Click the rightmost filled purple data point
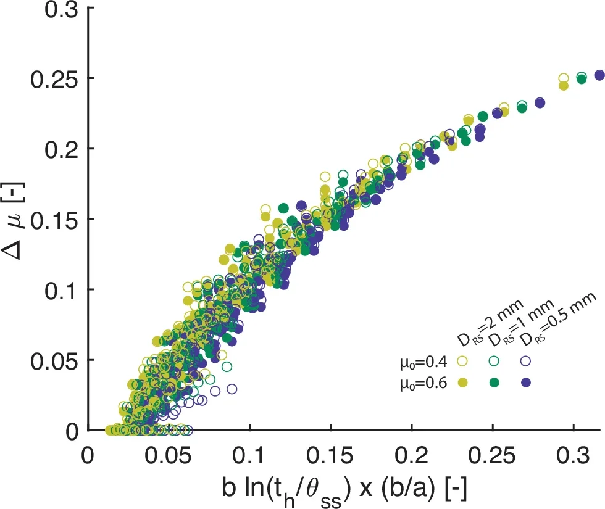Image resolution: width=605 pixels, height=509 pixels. [599, 75]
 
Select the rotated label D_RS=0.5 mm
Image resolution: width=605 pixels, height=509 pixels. [557, 320]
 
